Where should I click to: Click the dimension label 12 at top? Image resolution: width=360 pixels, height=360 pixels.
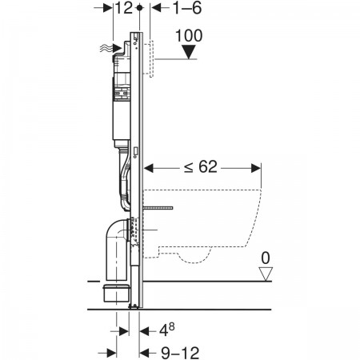[124, 8]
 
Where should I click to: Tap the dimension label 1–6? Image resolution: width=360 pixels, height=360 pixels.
[187, 8]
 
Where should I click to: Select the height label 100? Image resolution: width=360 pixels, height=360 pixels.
[189, 35]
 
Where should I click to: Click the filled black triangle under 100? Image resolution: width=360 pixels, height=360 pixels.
[189, 52]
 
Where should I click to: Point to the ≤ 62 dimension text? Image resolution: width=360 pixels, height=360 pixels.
[201, 167]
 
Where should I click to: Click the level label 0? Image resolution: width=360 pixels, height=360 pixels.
[266, 258]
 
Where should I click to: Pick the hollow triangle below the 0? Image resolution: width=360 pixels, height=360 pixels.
[266, 274]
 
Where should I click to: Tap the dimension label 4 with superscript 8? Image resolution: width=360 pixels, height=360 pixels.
[167, 330]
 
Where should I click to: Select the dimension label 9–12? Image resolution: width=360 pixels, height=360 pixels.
[180, 353]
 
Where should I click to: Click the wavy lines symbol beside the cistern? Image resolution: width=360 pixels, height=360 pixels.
[106, 49]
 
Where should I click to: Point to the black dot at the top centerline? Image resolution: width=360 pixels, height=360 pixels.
[139, 8]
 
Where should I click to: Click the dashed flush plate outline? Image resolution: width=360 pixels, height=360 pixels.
[151, 58]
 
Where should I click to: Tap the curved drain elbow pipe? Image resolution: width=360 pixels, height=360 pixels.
[117, 248]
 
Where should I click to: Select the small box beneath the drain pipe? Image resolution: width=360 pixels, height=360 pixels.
[116, 294]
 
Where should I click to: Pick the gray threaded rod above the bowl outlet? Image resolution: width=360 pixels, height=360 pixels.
[158, 208]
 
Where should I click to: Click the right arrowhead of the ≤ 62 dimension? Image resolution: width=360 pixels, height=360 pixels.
[256, 168]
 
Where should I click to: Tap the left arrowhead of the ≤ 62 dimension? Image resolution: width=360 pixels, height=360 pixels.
[149, 168]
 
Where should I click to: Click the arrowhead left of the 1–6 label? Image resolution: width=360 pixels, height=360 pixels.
[157, 8]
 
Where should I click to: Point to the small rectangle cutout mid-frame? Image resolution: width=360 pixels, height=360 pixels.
[135, 152]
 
